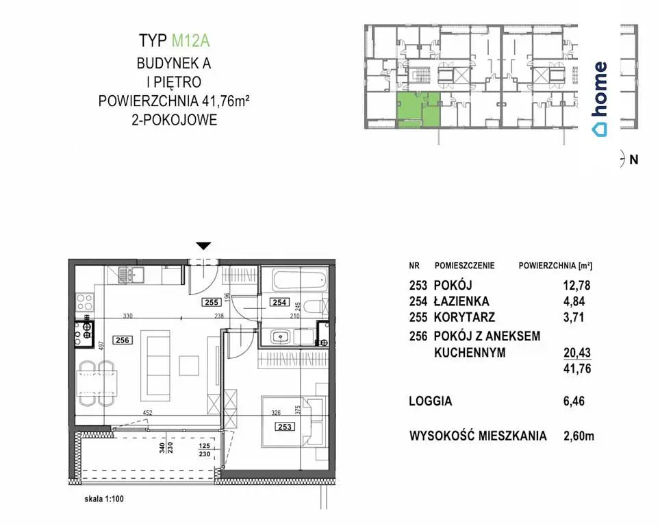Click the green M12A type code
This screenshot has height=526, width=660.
click(191, 41)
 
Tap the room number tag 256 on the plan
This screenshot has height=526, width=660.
click(123, 340)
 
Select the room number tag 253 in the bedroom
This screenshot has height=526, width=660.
click(285, 427)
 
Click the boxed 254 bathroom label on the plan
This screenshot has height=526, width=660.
click(279, 302)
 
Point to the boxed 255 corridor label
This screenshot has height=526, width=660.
click(212, 302)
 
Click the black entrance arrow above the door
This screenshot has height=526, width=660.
click(204, 246)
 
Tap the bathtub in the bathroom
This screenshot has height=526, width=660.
click(300, 281)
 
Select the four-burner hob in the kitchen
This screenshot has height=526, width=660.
click(84, 302)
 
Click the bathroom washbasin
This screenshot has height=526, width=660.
click(279, 337)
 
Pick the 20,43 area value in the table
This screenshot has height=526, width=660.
click(577, 352)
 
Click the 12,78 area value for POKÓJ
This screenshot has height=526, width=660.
click(576, 286)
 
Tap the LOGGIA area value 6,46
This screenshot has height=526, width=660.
click(574, 401)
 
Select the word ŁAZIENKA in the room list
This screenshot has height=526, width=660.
click(461, 301)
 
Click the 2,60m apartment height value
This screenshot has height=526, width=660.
click(579, 436)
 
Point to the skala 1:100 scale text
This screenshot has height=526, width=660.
click(104, 499)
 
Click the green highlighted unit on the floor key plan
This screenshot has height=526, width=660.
click(418, 110)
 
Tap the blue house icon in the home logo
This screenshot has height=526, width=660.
click(599, 129)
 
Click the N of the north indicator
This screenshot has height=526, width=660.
click(634, 160)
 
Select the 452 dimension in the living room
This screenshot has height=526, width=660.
click(147, 413)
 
